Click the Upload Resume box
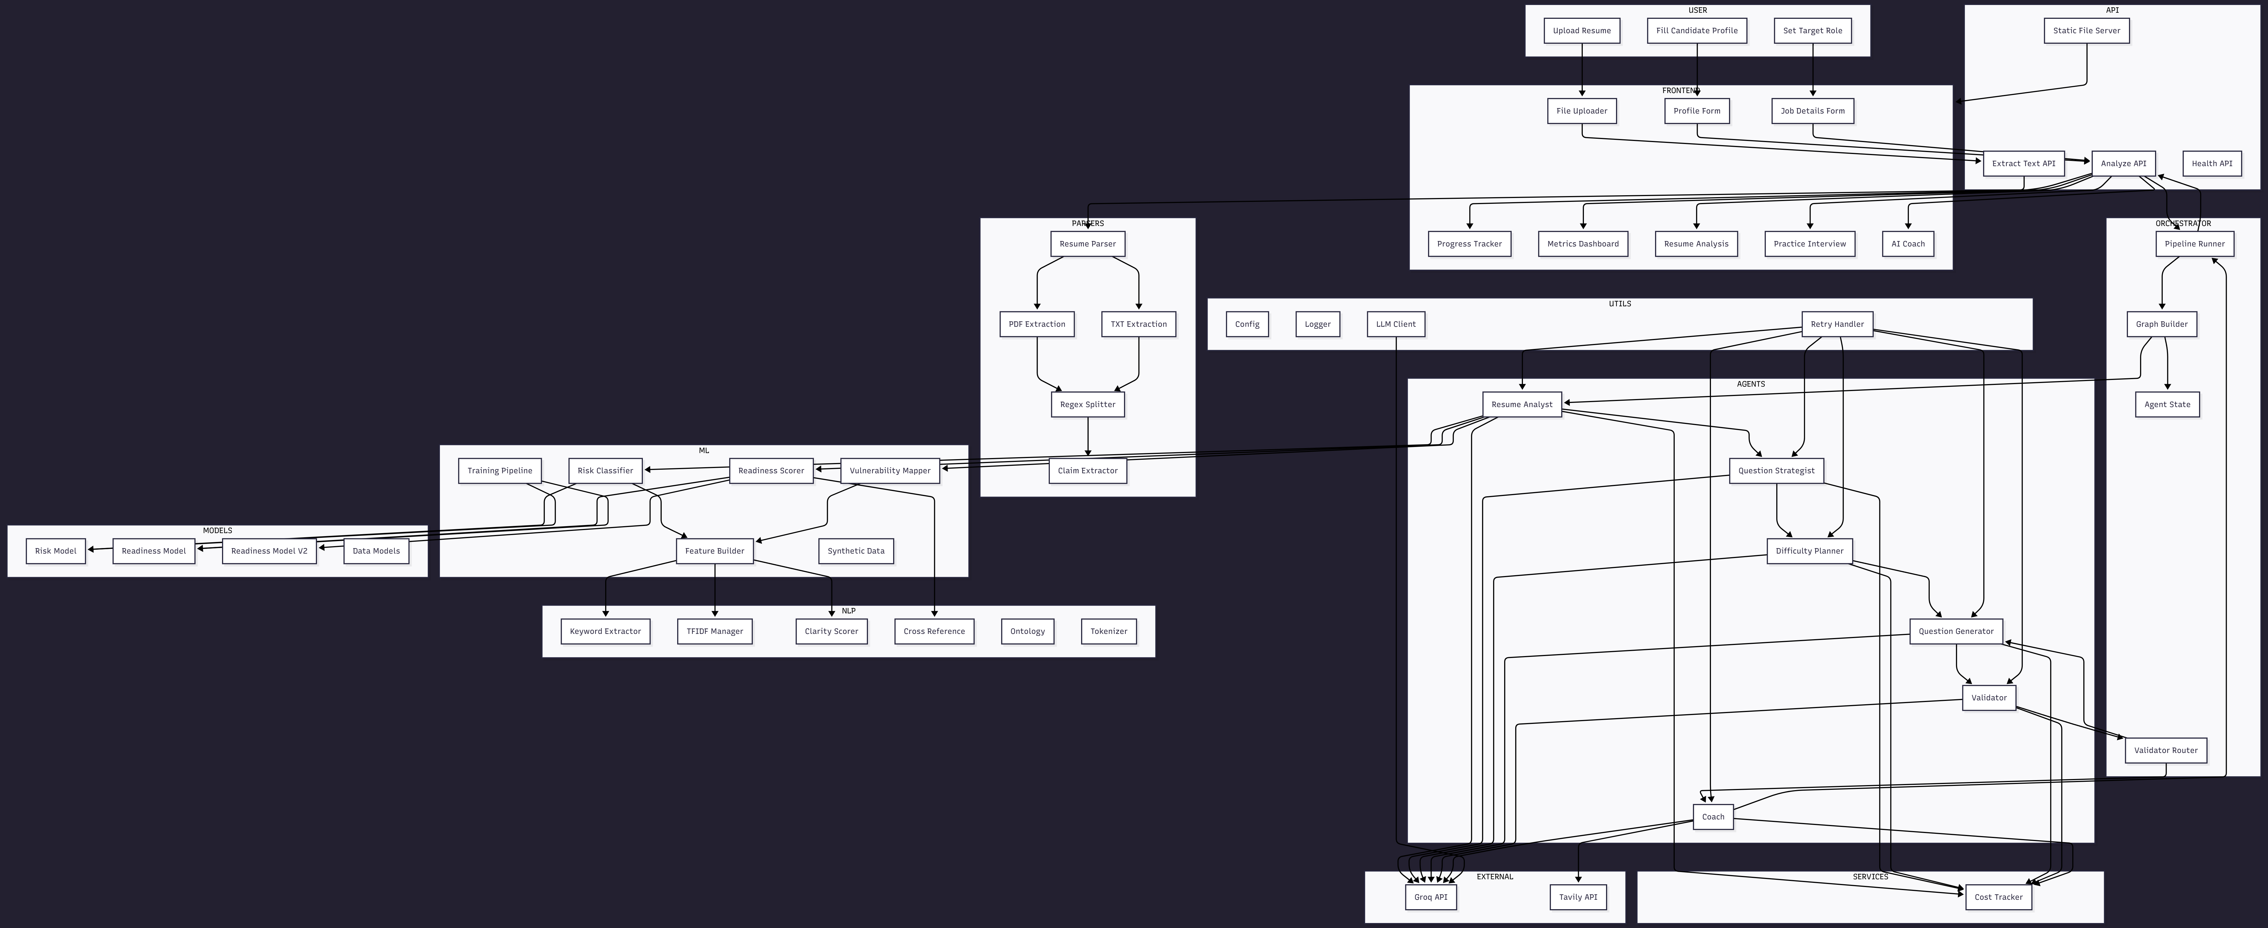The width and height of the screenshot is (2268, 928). tap(1581, 31)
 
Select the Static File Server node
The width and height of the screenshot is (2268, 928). tap(2087, 31)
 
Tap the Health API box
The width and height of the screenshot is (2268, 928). tap(2212, 164)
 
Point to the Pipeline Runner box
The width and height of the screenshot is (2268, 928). tap(2194, 244)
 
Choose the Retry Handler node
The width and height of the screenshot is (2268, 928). tap(1837, 324)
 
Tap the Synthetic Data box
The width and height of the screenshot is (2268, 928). tap(856, 551)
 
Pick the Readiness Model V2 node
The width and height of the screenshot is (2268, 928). tap(269, 551)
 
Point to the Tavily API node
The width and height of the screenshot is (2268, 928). tap(1578, 897)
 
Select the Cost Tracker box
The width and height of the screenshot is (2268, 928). tap(1999, 897)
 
